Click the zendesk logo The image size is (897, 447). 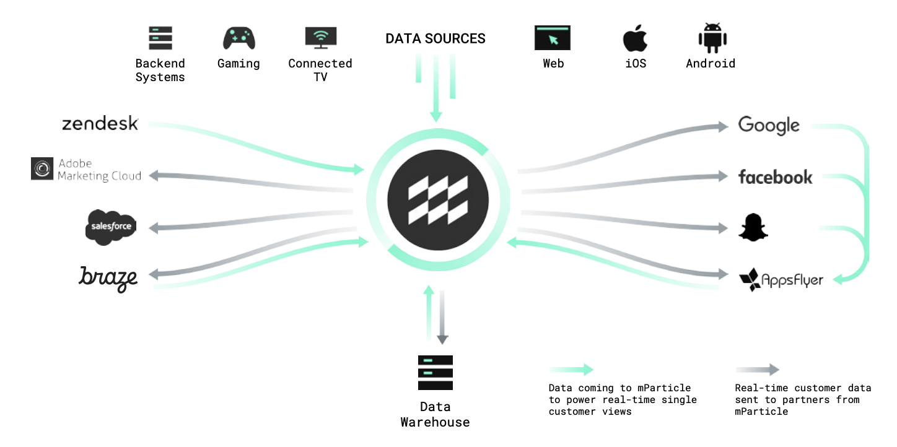click(x=100, y=123)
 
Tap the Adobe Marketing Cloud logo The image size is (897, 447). click(x=86, y=170)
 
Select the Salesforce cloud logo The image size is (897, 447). click(x=111, y=227)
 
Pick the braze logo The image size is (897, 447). click(x=108, y=278)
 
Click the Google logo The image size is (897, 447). click(x=769, y=126)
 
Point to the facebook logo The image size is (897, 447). click(x=775, y=177)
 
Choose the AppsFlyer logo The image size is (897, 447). click(x=781, y=280)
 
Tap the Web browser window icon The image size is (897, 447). click(x=553, y=38)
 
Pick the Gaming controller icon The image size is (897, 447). click(x=238, y=38)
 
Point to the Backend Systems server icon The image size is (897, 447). click(x=160, y=38)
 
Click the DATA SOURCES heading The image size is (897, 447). click(x=435, y=38)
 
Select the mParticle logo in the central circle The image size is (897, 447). click(x=438, y=200)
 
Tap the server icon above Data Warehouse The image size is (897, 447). click(x=435, y=373)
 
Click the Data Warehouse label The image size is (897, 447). click(x=435, y=415)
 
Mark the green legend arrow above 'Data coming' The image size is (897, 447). click(x=571, y=370)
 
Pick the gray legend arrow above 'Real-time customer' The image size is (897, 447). click(x=757, y=370)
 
